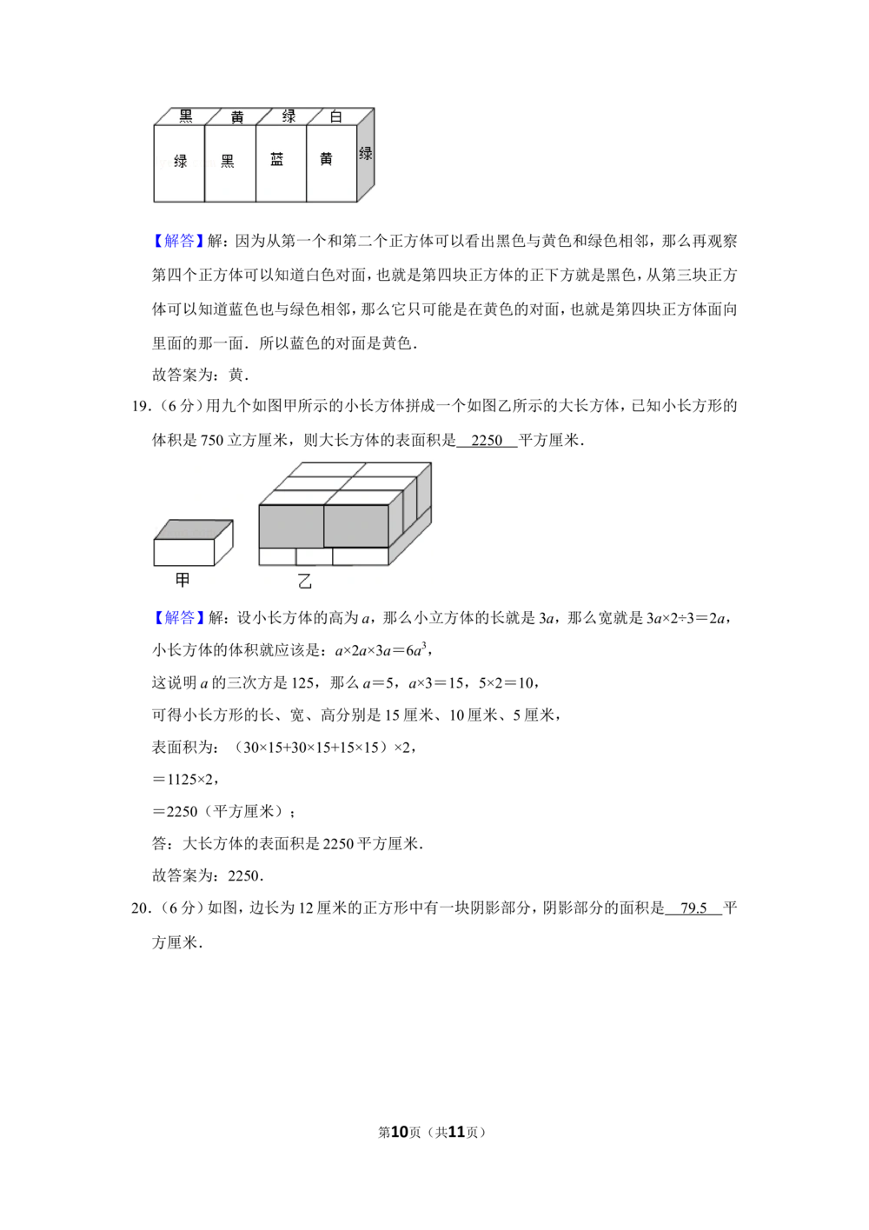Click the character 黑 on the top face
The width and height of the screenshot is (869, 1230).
186,116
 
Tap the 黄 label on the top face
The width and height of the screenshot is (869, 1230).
237,116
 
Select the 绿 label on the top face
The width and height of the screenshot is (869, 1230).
289,116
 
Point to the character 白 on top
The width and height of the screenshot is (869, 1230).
336,116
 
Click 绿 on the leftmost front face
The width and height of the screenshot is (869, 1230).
181,161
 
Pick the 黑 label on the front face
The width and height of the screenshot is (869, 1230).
228,161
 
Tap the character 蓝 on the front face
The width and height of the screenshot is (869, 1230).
277,160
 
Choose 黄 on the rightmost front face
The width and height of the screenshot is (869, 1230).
326,160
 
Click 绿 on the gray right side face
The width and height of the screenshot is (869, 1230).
366,154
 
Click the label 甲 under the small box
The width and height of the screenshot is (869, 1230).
182,579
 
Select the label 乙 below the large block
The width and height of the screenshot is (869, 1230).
304,583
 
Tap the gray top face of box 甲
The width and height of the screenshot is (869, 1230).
194,529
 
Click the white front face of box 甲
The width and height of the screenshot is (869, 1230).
183,553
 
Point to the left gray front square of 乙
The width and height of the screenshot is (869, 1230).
291,526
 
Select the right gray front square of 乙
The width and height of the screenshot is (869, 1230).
356,526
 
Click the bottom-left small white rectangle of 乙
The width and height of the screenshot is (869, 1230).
278,556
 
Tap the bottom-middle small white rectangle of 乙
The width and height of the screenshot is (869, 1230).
314,556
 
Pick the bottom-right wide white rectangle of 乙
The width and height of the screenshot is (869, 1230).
360,556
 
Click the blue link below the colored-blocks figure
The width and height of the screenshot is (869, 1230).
179,241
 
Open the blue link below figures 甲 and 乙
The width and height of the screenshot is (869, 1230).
179,617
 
